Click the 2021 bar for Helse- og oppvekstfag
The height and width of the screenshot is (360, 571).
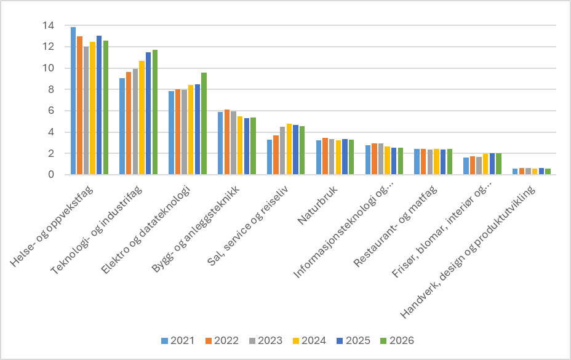pos(73,101)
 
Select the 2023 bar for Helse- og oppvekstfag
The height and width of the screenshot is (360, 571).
pos(86,111)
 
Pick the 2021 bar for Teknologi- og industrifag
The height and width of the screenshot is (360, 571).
pos(122,126)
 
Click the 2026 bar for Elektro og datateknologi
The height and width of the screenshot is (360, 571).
pos(204,124)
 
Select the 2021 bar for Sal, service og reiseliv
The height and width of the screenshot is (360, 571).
pos(270,157)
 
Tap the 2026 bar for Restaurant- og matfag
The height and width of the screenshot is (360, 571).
pos(449,162)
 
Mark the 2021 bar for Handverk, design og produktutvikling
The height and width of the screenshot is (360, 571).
pos(515,172)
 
